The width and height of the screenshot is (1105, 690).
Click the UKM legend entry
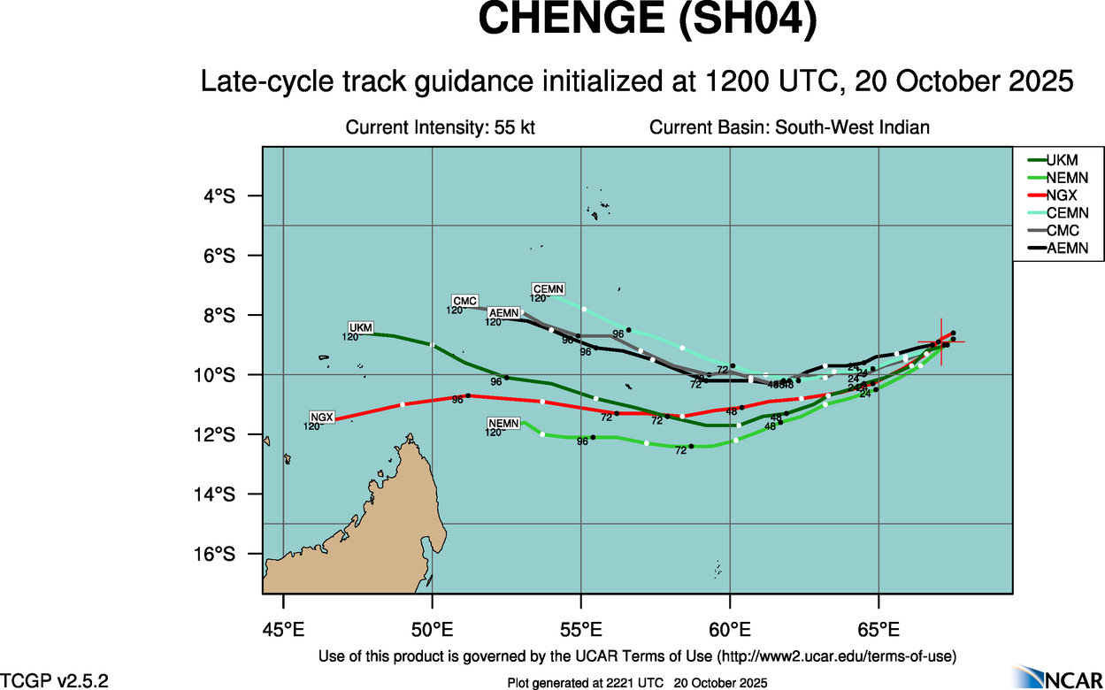(x=1061, y=160)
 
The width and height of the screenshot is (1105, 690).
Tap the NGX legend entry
(x=1061, y=195)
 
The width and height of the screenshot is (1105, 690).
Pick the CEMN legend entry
(x=1067, y=213)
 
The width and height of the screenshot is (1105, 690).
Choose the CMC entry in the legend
(x=1061, y=231)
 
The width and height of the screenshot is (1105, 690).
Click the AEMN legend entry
(x=1067, y=249)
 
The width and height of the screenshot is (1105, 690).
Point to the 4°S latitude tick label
(x=219, y=196)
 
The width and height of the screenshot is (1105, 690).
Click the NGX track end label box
(x=323, y=417)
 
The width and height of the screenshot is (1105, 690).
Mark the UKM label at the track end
(x=361, y=327)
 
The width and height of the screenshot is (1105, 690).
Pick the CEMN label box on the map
(x=548, y=289)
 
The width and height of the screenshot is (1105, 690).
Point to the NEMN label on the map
(x=503, y=424)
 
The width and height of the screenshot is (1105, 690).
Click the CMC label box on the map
(x=464, y=301)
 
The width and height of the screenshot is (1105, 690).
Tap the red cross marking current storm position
(x=940, y=341)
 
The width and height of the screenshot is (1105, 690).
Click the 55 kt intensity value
(x=516, y=127)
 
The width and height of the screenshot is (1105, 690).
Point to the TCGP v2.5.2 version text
(x=55, y=680)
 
